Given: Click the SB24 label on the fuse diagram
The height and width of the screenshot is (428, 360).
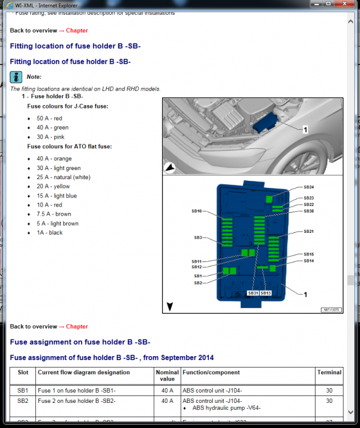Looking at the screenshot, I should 309,187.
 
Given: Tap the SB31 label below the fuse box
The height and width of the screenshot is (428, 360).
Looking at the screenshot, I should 253,293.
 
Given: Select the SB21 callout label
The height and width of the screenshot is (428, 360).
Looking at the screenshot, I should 309,232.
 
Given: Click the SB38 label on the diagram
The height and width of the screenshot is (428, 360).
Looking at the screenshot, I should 309,211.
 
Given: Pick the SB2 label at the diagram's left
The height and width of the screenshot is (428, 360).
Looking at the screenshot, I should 197,283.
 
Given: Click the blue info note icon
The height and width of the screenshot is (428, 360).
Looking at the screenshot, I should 16,77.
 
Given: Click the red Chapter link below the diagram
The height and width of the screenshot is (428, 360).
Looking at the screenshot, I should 76,327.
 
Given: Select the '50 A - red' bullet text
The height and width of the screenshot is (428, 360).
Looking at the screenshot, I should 49,118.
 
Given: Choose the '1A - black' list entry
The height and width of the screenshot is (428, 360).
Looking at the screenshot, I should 50,233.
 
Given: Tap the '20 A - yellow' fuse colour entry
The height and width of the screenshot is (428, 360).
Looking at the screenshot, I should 53,187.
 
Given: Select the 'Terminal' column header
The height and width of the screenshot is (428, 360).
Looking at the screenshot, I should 330,373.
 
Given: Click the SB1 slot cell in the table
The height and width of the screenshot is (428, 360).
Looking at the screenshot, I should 22,391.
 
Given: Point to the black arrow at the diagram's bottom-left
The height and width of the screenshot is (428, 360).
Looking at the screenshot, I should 169,307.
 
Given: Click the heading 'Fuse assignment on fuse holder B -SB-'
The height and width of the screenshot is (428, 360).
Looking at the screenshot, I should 80,342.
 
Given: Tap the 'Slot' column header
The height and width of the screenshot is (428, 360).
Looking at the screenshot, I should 22,373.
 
